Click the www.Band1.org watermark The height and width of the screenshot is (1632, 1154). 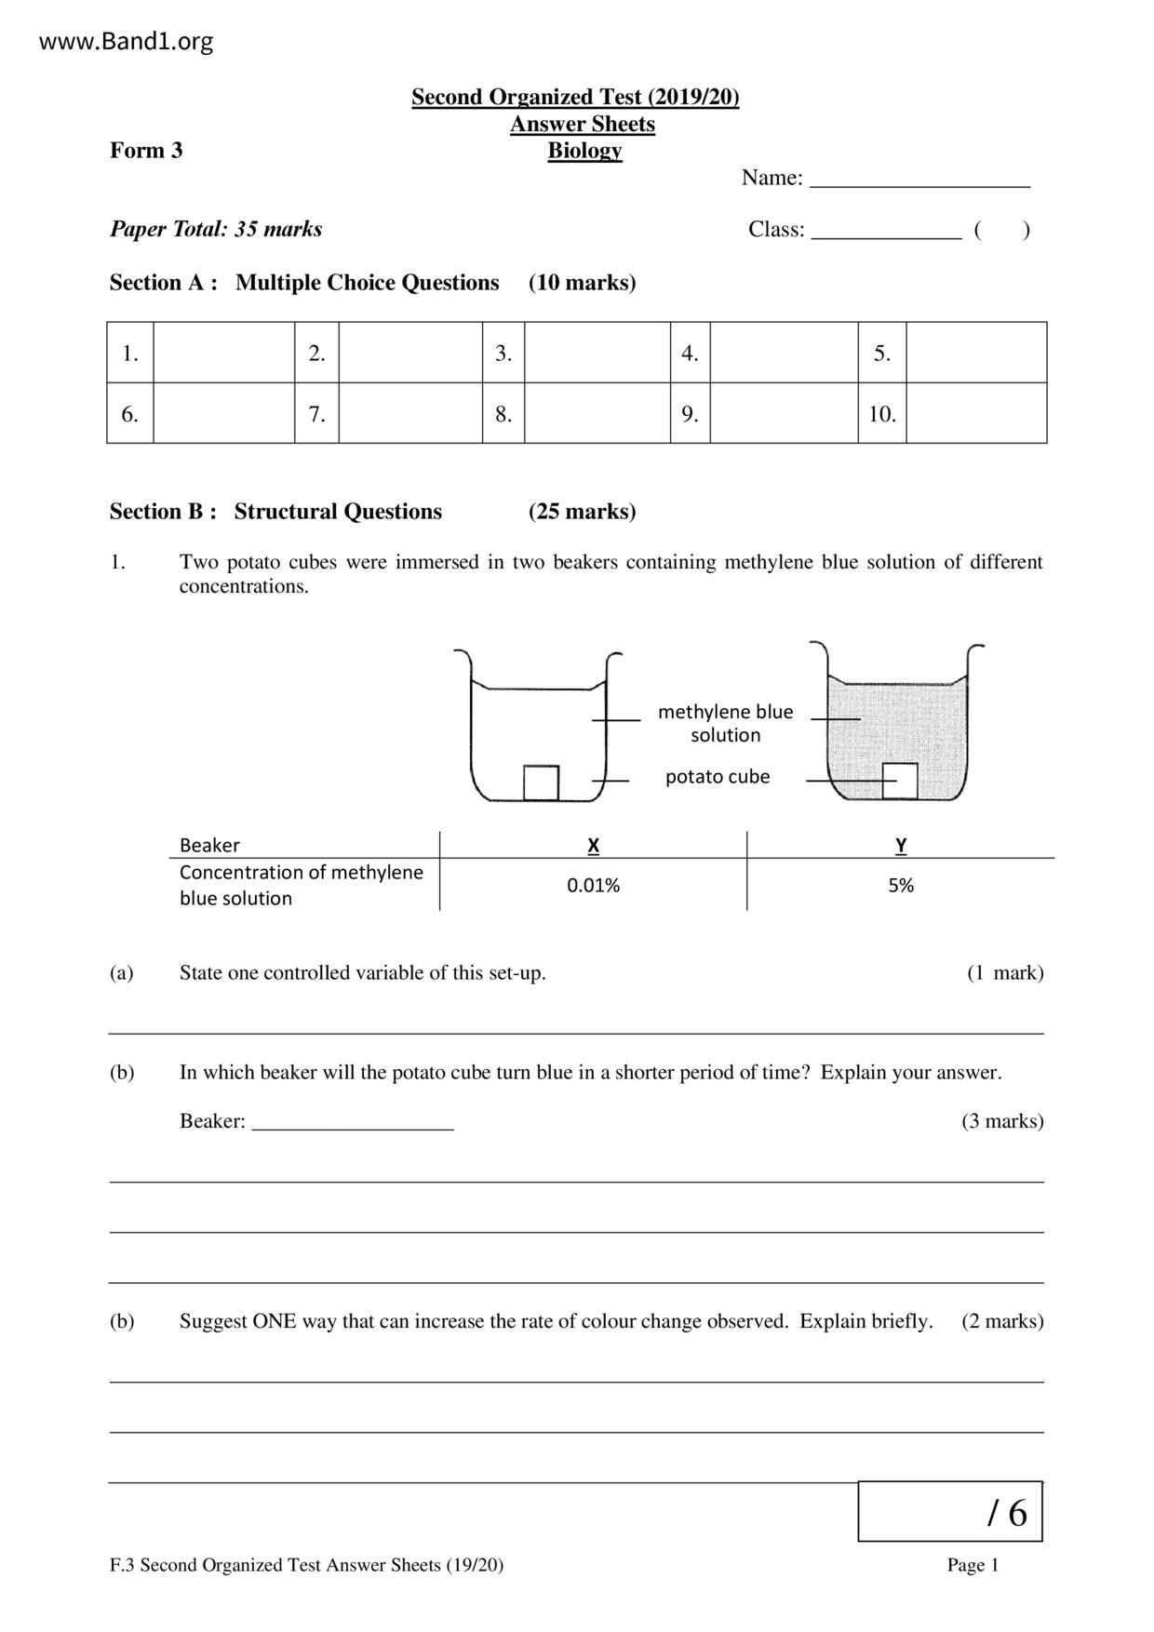point(127,42)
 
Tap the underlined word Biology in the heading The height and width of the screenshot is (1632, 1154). point(584,151)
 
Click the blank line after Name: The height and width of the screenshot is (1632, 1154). point(919,179)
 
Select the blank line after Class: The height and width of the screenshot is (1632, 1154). point(886,231)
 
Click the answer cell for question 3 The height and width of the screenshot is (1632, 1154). point(597,353)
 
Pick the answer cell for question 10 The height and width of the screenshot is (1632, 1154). point(975,414)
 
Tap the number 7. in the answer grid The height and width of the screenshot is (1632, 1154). point(316,414)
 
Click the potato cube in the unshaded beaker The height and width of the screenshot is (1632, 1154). point(541,783)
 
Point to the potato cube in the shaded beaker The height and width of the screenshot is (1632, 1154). point(900,781)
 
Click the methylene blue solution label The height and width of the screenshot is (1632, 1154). point(725,723)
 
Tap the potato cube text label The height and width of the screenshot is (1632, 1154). point(718,777)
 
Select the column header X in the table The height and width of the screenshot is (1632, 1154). point(593,846)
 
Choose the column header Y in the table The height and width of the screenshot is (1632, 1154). point(901,846)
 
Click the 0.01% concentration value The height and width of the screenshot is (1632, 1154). point(593,886)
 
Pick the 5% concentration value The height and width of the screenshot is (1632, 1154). point(901,886)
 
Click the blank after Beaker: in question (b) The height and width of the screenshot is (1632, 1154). point(353,1122)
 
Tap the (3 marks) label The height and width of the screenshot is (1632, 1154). point(1002,1121)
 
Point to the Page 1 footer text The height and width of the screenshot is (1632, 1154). point(973,1565)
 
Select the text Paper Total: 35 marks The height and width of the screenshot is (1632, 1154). point(216,229)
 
